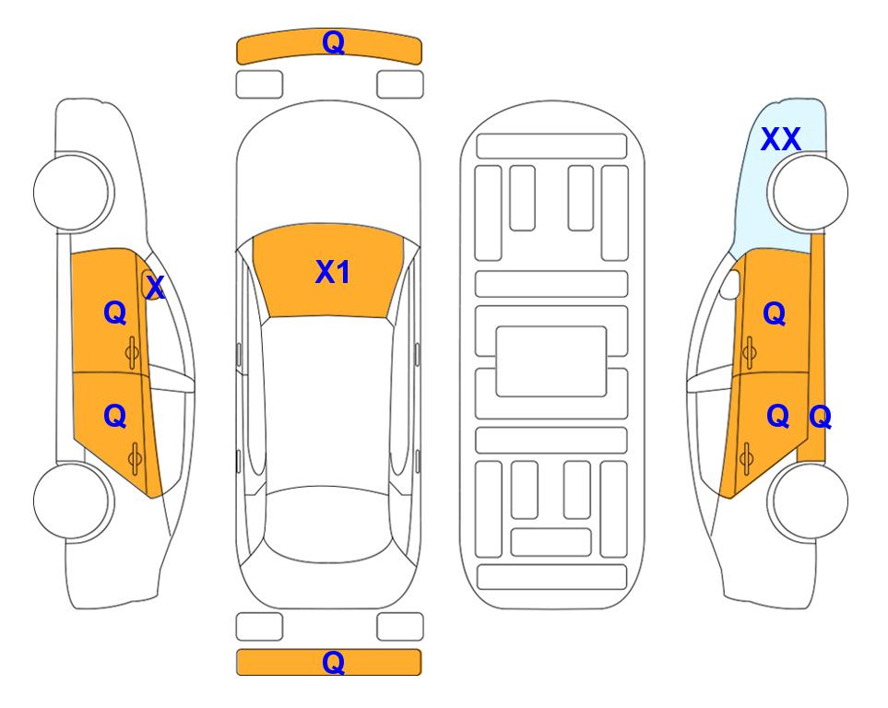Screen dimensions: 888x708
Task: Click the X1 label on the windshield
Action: click(333, 272)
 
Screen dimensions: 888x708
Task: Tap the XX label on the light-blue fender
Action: click(780, 139)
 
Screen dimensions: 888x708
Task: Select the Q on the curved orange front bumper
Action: click(333, 42)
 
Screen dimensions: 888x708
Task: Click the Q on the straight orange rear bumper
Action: click(333, 662)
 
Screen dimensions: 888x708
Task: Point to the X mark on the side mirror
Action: click(155, 288)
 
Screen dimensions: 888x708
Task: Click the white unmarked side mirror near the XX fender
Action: click(730, 284)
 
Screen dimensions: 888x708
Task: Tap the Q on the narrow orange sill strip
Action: click(820, 418)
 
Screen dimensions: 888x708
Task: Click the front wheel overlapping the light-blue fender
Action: click(807, 193)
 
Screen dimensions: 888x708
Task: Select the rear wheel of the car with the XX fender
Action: click(807, 501)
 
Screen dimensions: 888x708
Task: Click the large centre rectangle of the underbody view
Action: click(551, 361)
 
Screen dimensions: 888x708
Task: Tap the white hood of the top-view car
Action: click(328, 164)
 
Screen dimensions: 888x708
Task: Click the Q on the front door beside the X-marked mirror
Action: click(115, 313)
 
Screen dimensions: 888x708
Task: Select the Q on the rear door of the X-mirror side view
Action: click(115, 417)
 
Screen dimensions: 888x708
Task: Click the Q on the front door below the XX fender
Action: click(775, 313)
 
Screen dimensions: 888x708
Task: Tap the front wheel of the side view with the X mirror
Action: click(73, 193)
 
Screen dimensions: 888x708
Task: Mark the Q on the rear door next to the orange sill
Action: click(777, 417)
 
